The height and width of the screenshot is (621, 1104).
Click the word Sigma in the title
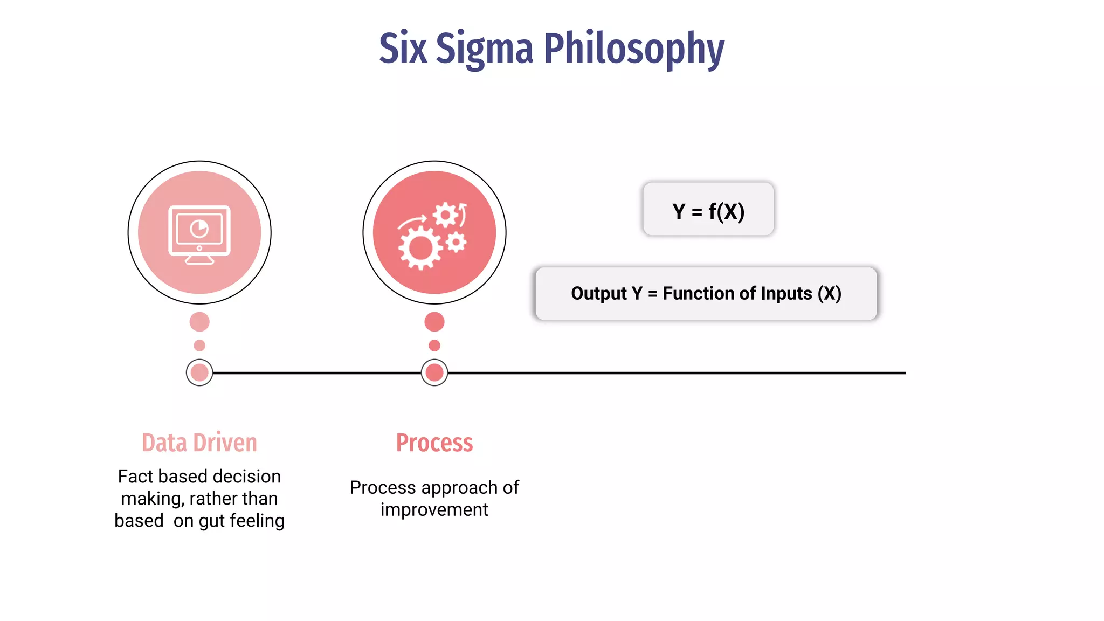coord(484,49)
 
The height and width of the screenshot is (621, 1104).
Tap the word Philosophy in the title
coord(634,49)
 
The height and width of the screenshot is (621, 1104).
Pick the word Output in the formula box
coord(599,294)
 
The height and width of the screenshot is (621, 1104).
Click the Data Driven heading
coord(199,443)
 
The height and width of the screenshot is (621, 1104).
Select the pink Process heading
coord(434,443)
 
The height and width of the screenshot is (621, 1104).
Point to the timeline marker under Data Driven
coord(199,372)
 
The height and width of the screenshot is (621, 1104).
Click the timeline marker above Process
coord(434,372)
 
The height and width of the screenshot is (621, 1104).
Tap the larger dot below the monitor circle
coord(199,322)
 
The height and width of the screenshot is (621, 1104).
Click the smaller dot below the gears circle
coord(434,346)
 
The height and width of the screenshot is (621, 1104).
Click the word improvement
coord(434,510)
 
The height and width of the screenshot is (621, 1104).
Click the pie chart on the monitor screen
coord(199,229)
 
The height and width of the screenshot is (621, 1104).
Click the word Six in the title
coord(403,49)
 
